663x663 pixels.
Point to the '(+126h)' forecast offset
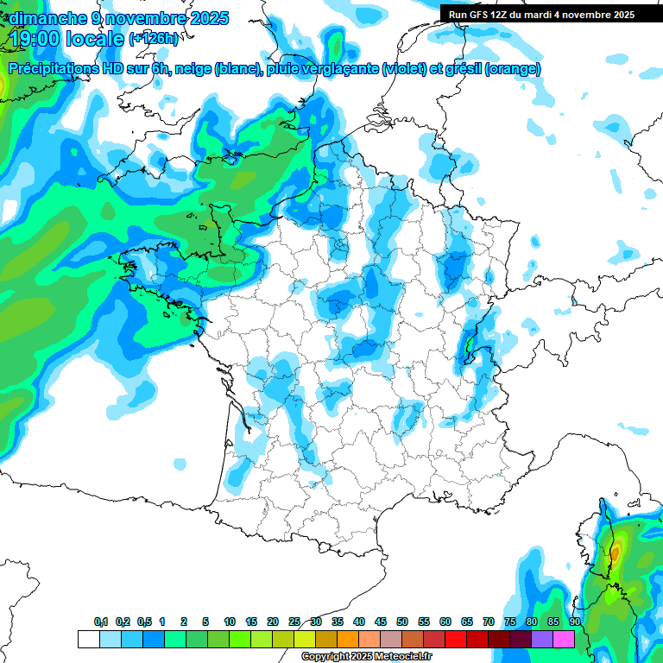pyautogui.click(x=154, y=39)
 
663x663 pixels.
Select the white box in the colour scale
pyautogui.click(x=88, y=639)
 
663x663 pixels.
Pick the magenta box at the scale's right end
pyautogui.click(x=564, y=639)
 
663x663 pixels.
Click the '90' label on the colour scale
pyautogui.click(x=575, y=622)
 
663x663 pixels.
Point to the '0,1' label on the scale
pyautogui.click(x=101, y=622)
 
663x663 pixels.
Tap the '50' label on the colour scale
pyautogui.click(x=402, y=622)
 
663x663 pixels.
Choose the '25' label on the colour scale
pyautogui.click(x=294, y=622)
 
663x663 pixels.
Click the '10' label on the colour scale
pyautogui.click(x=230, y=622)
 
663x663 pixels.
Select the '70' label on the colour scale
pyautogui.click(x=489, y=622)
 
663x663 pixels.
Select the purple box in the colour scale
pyautogui.click(x=542, y=639)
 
